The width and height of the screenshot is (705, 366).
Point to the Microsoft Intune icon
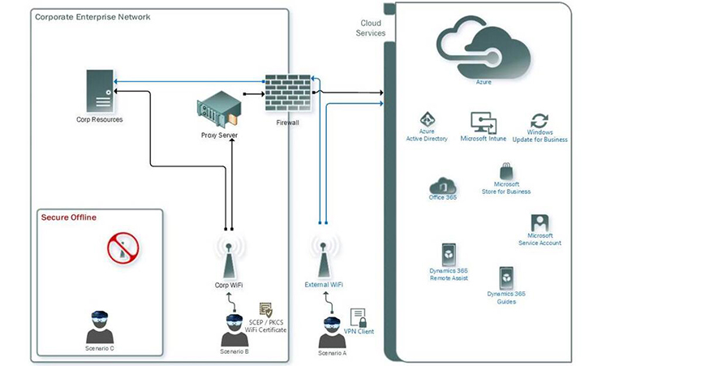click(x=484, y=123)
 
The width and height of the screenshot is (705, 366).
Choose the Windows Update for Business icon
click(x=539, y=121)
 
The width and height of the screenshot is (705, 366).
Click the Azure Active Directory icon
click(x=427, y=120)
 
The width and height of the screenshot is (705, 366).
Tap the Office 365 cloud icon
click(x=443, y=186)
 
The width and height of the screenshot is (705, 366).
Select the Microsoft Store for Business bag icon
click(x=506, y=170)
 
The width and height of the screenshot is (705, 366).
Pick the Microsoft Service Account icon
click(x=539, y=222)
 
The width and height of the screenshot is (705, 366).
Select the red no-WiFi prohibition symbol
click(x=121, y=248)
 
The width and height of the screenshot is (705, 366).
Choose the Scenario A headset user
click(x=332, y=332)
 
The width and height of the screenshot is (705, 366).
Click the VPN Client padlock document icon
click(x=358, y=317)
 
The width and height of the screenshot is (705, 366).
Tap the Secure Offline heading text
click(x=69, y=217)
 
